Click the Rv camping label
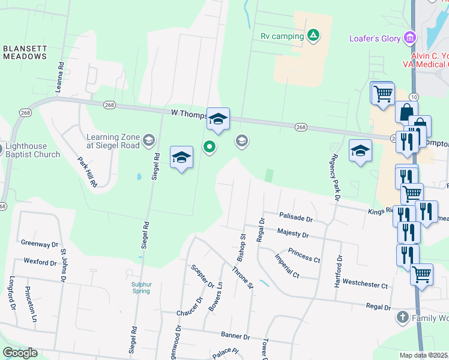tap(282, 36)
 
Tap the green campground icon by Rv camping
tap(313, 36)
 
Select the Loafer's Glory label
tap(375, 38)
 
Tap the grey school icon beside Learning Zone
tap(148, 142)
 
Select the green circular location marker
tap(209, 146)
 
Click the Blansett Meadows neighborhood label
tap(25, 52)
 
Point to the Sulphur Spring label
tap(140, 288)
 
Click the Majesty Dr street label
tap(292, 233)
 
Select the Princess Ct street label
tap(304, 254)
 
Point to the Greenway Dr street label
tap(40, 244)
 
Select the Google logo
tap(20, 353)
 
